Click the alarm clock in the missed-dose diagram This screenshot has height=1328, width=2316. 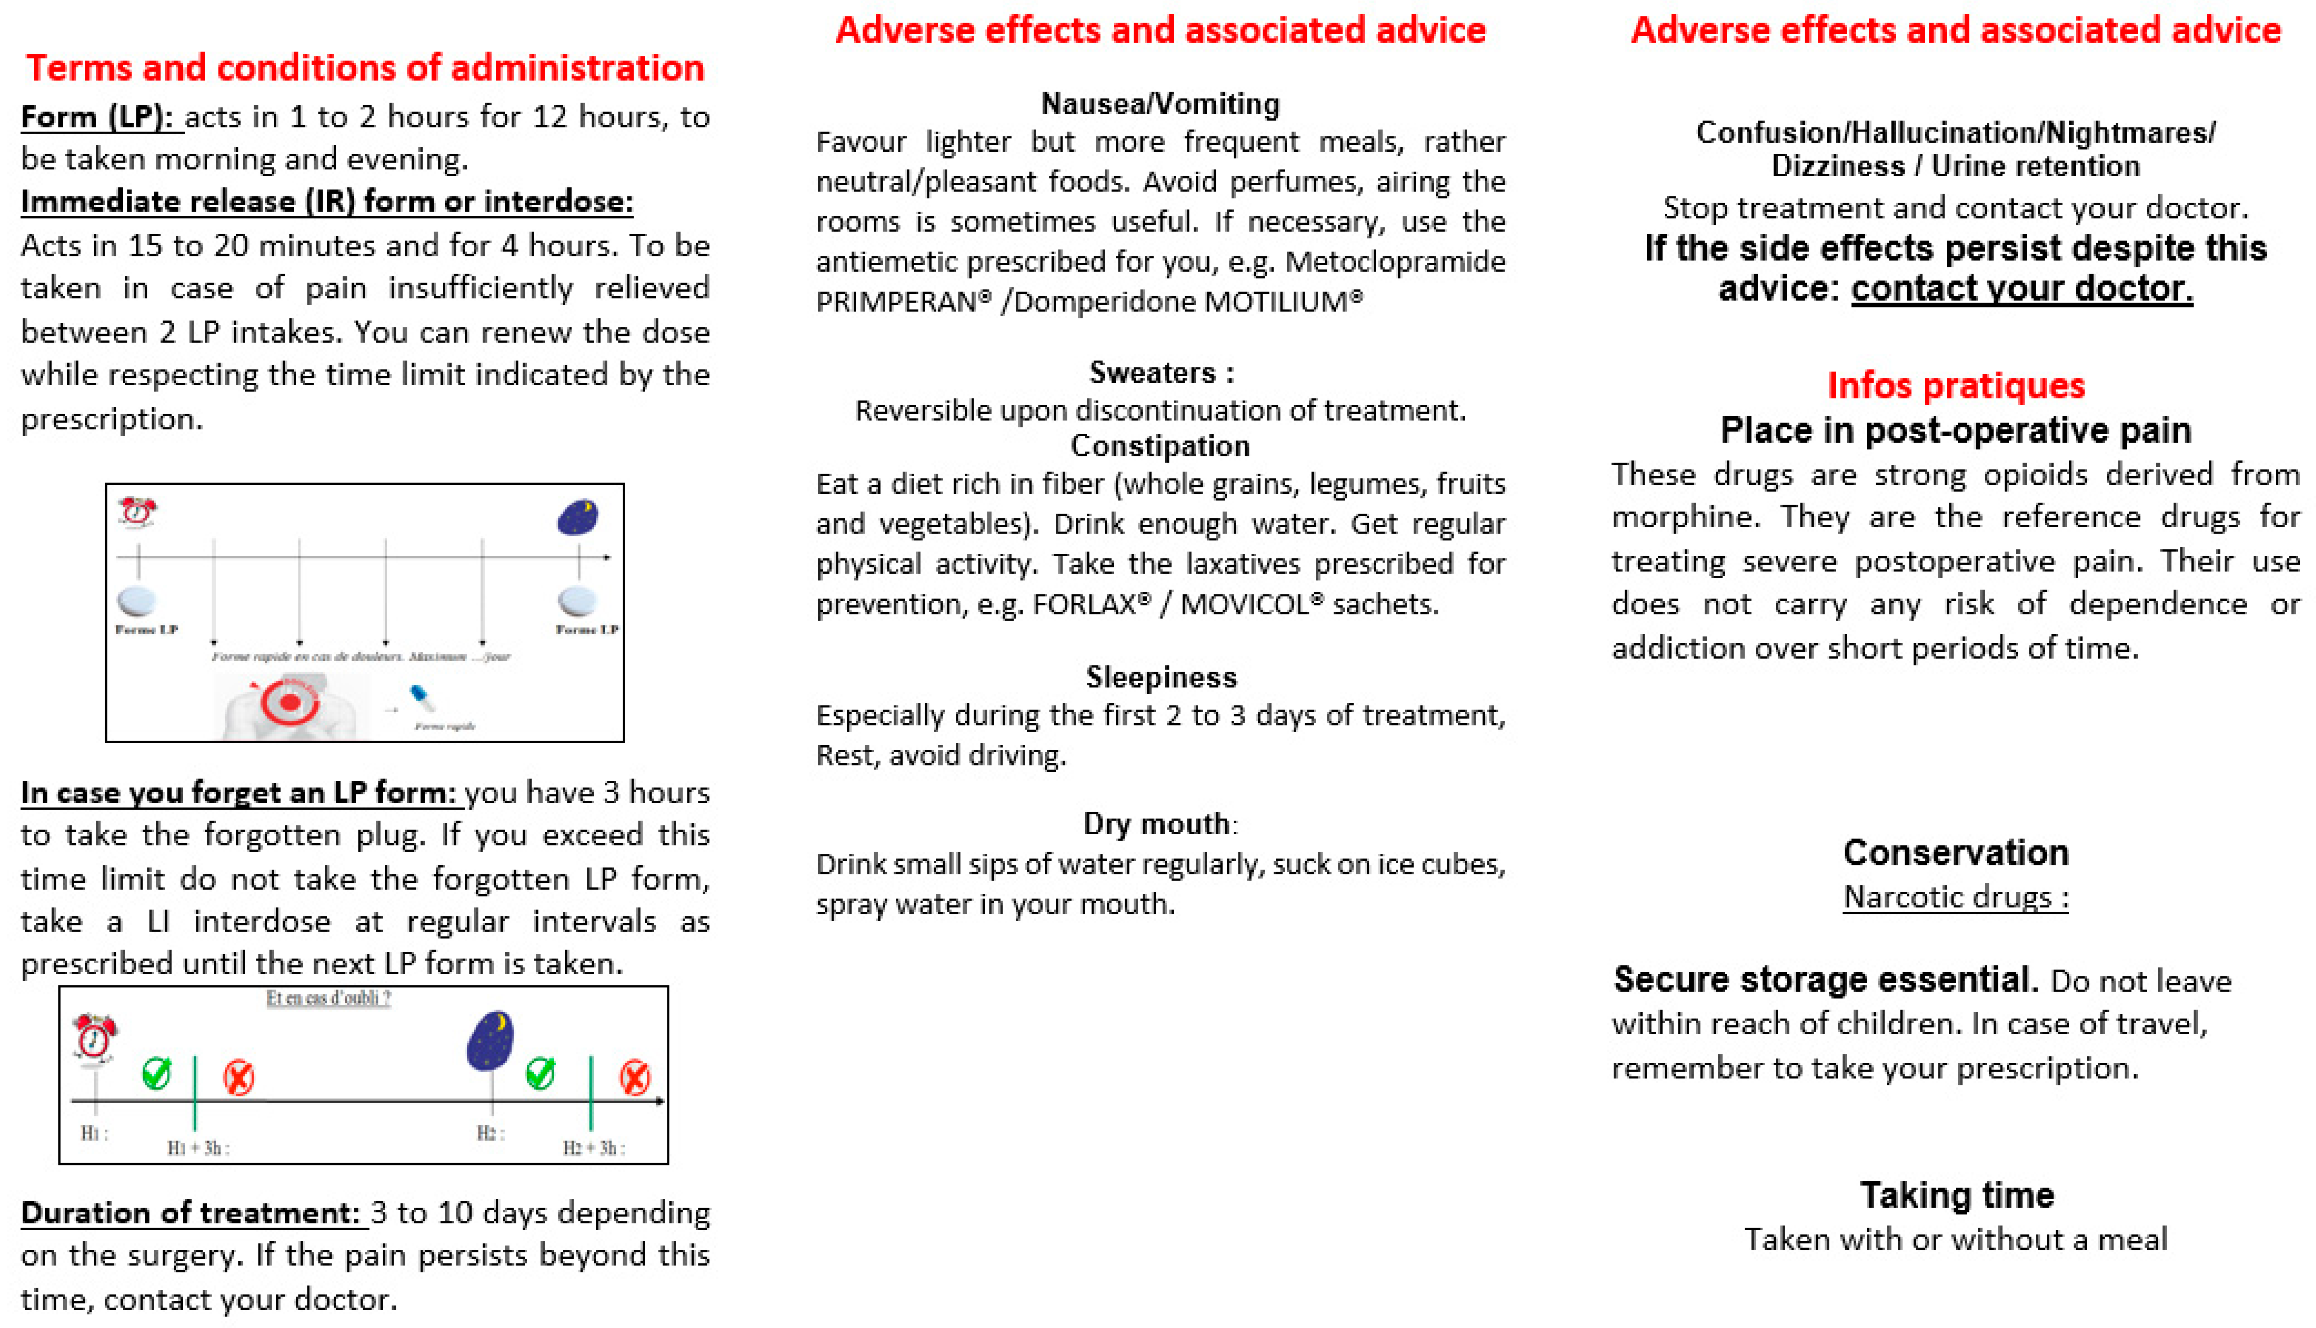(x=94, y=1037)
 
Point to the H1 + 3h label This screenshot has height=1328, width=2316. (x=198, y=1147)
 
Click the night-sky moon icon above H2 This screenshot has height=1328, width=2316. (x=491, y=1040)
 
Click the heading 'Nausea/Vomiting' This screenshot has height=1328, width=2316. (x=1160, y=104)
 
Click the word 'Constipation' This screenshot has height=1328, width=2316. (x=1160, y=446)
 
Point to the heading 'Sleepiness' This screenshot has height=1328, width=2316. (x=1160, y=677)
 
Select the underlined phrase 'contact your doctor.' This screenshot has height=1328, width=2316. (x=2021, y=288)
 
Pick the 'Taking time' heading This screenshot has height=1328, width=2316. (x=1957, y=1195)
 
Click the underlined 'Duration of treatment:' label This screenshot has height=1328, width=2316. (x=192, y=1213)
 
